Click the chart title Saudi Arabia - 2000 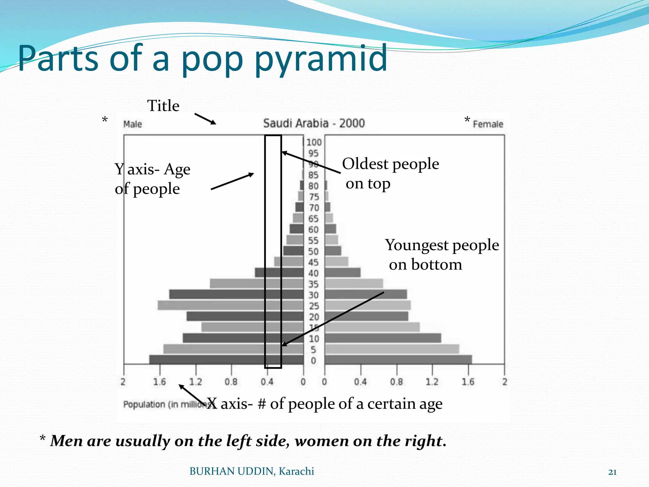coord(314,123)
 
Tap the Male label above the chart coord(132,124)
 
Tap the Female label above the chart coord(488,124)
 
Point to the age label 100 coord(314,142)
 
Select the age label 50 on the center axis coord(313,251)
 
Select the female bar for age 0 coord(398,360)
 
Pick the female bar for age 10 coord(383,338)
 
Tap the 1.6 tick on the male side coord(159,381)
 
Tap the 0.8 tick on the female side coord(396,381)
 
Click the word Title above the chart coord(163,106)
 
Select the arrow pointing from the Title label coord(205,119)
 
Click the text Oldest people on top coord(390,173)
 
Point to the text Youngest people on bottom coord(442,254)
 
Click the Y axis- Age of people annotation coord(152,179)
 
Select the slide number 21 coord(612,472)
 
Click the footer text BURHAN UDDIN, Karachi coord(252,471)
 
